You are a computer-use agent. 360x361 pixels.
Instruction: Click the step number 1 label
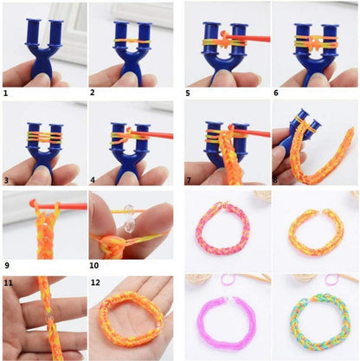(x=6, y=93)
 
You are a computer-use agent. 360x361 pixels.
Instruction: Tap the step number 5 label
(x=188, y=93)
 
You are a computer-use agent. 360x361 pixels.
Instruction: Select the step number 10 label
(x=94, y=265)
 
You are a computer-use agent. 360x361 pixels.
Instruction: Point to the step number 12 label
(x=95, y=282)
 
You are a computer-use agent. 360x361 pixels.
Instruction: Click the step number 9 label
(x=7, y=265)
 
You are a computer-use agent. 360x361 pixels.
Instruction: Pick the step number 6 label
(x=276, y=93)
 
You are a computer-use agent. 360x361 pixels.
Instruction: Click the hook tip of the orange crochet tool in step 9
(x=31, y=203)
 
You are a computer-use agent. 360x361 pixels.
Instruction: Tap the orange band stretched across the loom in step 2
(x=132, y=42)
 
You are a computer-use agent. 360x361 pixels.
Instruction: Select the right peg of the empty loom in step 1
(x=55, y=33)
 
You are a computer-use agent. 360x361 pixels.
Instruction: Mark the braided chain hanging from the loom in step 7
(x=228, y=156)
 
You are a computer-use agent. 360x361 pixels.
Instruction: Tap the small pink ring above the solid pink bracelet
(x=228, y=280)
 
